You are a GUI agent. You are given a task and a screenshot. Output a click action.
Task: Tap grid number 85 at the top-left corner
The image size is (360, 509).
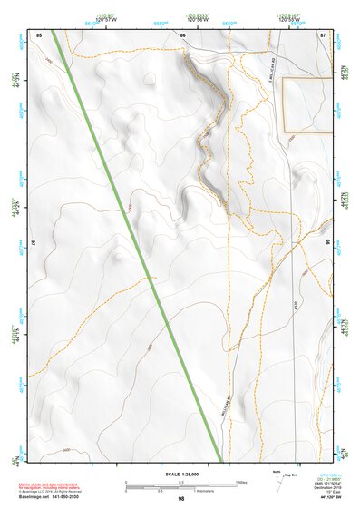(x=39, y=34)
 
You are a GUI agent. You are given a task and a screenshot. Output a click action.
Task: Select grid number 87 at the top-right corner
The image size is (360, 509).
(x=324, y=34)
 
